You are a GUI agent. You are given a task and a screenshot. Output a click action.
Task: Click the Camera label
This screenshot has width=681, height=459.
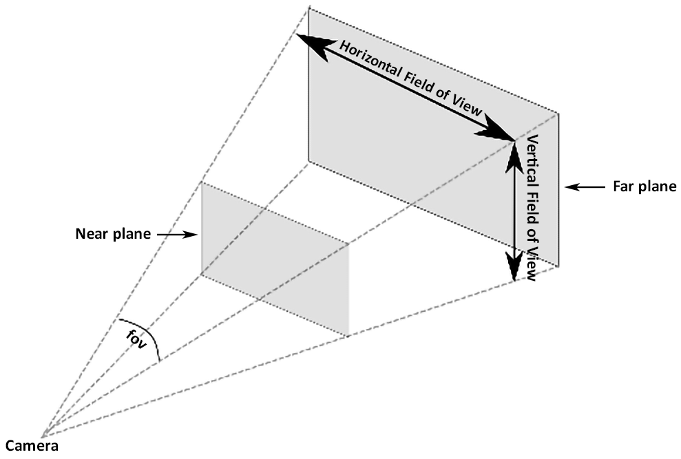(x=32, y=446)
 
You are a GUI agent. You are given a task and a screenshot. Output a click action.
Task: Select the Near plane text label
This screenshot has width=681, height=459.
(x=113, y=234)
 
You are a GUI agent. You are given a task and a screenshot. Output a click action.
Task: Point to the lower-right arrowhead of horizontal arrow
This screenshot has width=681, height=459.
(x=499, y=130)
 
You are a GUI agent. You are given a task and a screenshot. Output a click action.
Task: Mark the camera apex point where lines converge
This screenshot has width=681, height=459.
(x=43, y=436)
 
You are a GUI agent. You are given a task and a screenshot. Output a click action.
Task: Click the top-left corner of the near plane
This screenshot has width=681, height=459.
(x=201, y=182)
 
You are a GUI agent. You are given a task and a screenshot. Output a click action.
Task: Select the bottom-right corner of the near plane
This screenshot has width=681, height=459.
(x=348, y=337)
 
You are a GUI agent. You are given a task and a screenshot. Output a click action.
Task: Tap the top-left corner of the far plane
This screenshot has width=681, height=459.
(x=308, y=7)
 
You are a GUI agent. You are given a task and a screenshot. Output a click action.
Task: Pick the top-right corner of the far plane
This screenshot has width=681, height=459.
(x=558, y=113)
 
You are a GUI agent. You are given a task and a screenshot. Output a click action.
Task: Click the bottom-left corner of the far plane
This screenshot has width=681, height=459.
(x=308, y=162)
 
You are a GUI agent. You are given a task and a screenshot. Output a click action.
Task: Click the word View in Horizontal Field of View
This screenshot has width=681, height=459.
(x=468, y=107)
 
